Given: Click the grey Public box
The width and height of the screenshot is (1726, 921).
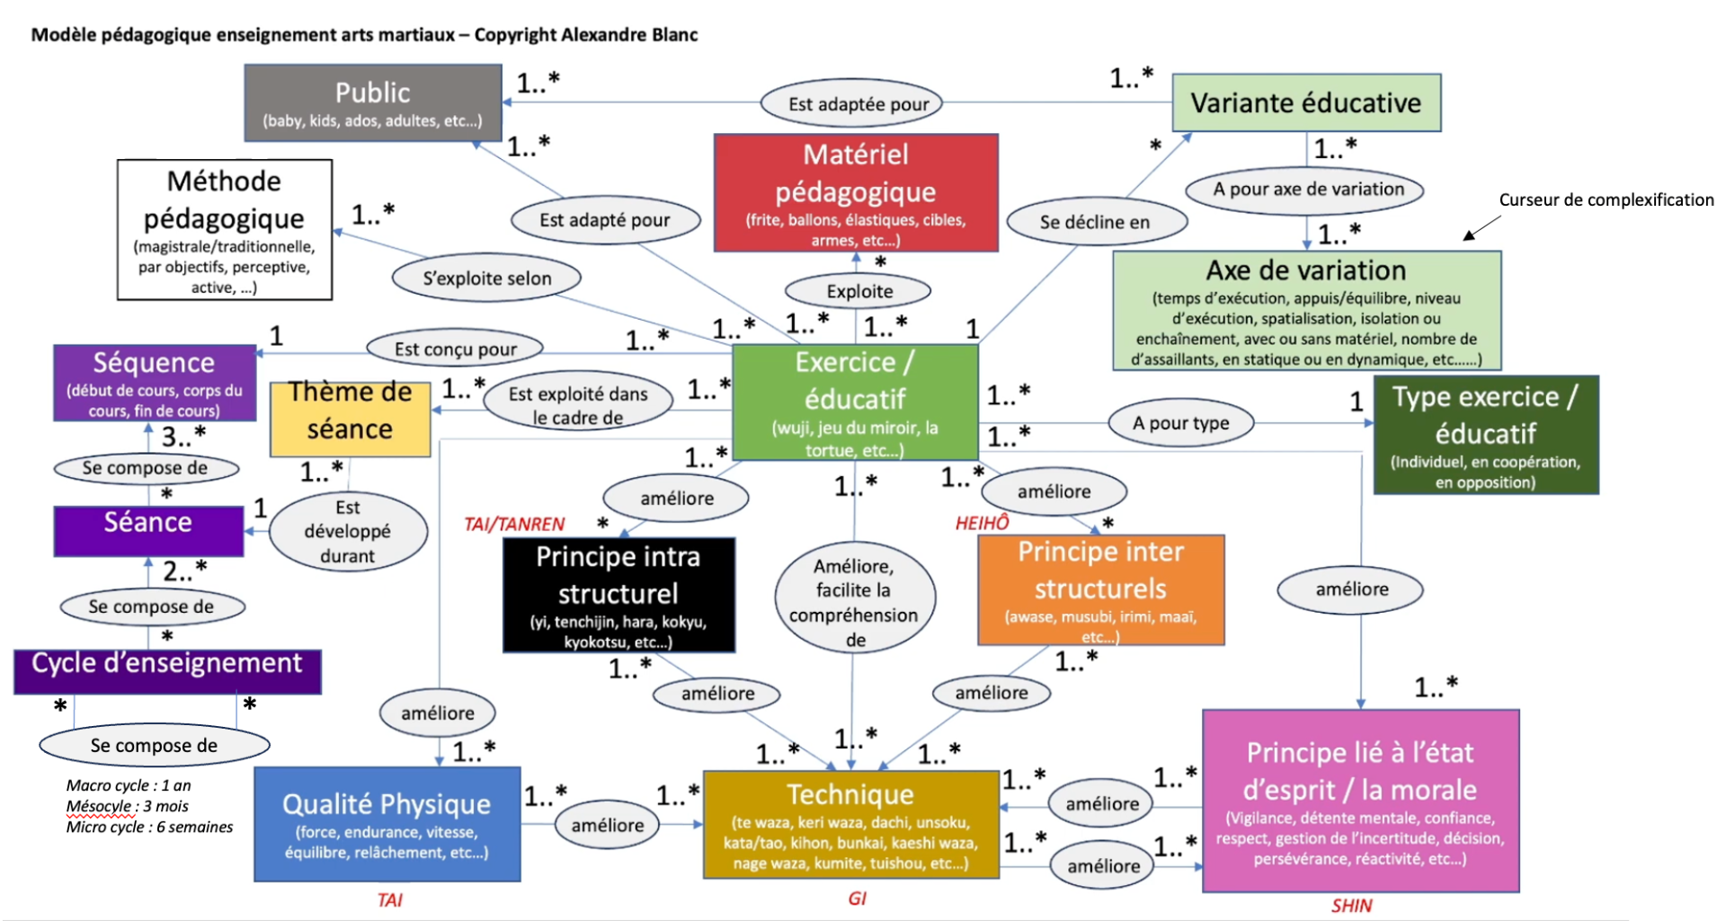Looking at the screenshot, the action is click(373, 102).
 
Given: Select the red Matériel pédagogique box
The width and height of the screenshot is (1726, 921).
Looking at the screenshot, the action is click(856, 192).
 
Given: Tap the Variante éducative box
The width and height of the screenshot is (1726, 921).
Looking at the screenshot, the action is click(1306, 102).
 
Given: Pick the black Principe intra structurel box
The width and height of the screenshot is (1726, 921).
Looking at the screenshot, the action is click(618, 595).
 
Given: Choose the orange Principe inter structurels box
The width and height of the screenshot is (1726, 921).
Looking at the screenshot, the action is click(1101, 590).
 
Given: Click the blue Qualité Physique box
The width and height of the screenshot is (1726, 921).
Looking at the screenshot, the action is click(387, 824).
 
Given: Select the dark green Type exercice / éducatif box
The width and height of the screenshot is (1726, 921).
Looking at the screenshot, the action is click(1486, 435).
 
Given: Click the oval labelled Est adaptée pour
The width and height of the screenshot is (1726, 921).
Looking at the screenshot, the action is click(859, 104).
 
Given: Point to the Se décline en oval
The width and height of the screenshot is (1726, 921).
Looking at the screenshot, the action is click(1095, 222).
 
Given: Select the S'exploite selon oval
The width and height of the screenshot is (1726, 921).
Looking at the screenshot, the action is click(487, 279).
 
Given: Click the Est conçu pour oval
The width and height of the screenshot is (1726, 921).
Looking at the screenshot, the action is click(456, 349).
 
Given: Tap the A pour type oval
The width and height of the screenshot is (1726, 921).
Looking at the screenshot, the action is click(1180, 423).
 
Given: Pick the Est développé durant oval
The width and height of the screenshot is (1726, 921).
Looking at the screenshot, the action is click(348, 531).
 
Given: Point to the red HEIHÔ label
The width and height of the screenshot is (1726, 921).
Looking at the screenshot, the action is click(982, 523).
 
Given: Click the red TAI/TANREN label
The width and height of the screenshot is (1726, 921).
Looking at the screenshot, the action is click(514, 525).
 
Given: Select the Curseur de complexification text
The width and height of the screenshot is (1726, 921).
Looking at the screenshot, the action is click(1606, 200).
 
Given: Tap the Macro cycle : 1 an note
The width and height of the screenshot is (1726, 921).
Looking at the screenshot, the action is click(129, 785).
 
